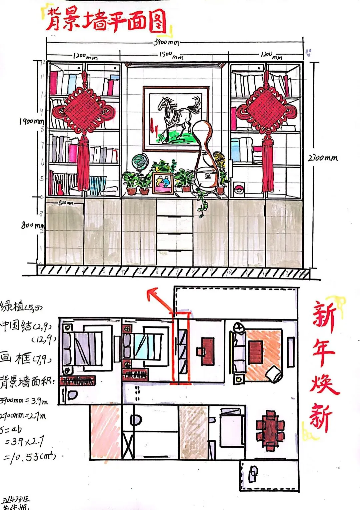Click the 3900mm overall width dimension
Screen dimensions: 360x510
point(166,43)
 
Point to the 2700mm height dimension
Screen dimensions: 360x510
point(322,158)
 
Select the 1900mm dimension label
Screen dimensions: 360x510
point(31,121)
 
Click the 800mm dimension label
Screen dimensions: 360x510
point(32,225)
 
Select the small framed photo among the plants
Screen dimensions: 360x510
point(163,183)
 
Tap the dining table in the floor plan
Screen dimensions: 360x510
point(271,430)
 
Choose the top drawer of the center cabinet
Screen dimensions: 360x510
point(175,208)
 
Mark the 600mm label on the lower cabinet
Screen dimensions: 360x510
point(66,203)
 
